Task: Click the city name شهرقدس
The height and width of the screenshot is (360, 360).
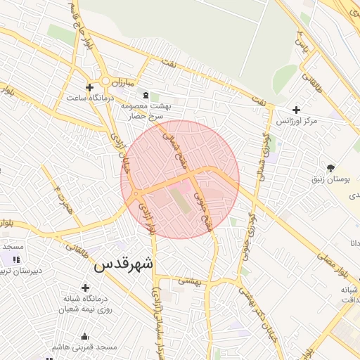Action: point(123,265)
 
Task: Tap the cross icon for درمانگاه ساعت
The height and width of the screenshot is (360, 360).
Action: point(89,88)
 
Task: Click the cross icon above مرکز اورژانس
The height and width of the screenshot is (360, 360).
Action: point(296,110)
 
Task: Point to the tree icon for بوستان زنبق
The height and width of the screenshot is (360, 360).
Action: point(331,167)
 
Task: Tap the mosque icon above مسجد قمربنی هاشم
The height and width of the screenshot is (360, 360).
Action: point(85,336)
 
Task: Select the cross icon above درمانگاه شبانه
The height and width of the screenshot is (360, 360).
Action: point(86,288)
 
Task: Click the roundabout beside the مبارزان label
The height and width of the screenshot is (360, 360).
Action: point(105,81)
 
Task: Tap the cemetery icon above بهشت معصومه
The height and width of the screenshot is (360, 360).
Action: point(146,96)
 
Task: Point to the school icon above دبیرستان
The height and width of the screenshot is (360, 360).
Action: point(16,259)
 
